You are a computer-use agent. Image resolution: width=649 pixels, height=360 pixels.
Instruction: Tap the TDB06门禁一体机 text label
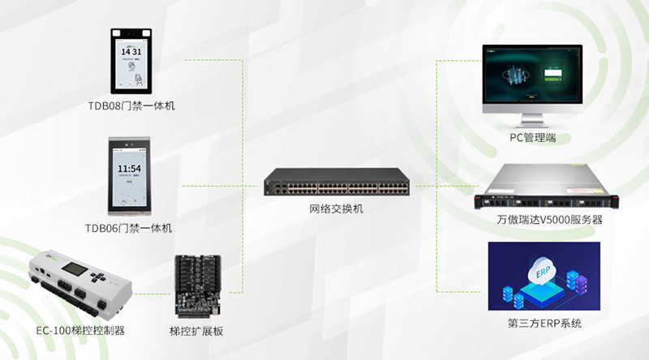click(x=129, y=228)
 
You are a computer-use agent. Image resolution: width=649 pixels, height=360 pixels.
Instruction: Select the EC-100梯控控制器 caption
click(x=80, y=331)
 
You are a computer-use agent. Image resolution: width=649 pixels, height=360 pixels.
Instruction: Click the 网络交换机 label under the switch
click(x=336, y=209)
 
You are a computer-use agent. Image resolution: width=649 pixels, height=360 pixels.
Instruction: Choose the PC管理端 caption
click(x=532, y=138)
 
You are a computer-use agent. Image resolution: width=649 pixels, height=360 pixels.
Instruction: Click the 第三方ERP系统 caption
click(x=544, y=324)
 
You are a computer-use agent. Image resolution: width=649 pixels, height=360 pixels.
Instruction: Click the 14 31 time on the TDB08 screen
click(x=131, y=51)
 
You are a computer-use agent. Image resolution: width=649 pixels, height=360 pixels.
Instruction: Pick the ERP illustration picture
click(x=544, y=276)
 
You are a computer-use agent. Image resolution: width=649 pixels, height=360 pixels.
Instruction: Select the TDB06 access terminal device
click(x=131, y=178)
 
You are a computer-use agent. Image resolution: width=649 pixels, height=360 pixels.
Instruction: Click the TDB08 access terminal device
click(x=131, y=61)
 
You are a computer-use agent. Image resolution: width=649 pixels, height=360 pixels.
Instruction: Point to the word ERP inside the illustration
click(x=544, y=271)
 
